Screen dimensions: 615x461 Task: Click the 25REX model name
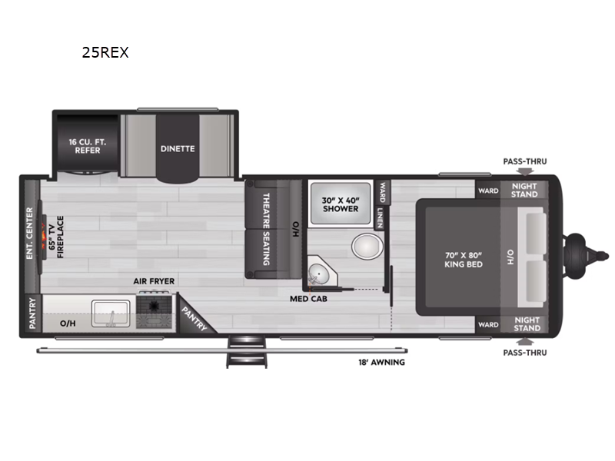(105, 52)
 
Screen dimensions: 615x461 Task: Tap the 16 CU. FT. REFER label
(88, 146)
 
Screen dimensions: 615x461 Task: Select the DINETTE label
(178, 148)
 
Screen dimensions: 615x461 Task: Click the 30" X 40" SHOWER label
(341, 204)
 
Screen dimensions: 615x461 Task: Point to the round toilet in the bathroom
(367, 246)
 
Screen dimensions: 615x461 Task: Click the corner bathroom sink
(319, 273)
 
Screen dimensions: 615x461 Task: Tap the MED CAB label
(309, 299)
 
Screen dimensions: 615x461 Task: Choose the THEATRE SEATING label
(266, 229)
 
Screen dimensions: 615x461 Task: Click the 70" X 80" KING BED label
(464, 260)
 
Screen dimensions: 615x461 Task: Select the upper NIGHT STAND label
(524, 190)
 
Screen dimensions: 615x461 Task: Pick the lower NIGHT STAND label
(527, 324)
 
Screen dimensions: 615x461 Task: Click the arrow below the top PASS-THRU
(525, 171)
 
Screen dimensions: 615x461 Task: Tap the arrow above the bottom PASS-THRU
(525, 341)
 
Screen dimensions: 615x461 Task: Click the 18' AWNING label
(381, 362)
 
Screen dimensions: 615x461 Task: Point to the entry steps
(246, 352)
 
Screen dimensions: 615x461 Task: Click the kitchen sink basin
(111, 313)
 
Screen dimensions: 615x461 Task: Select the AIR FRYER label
(154, 281)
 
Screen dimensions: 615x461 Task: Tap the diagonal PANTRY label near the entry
(194, 319)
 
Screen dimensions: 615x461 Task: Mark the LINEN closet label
(380, 217)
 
